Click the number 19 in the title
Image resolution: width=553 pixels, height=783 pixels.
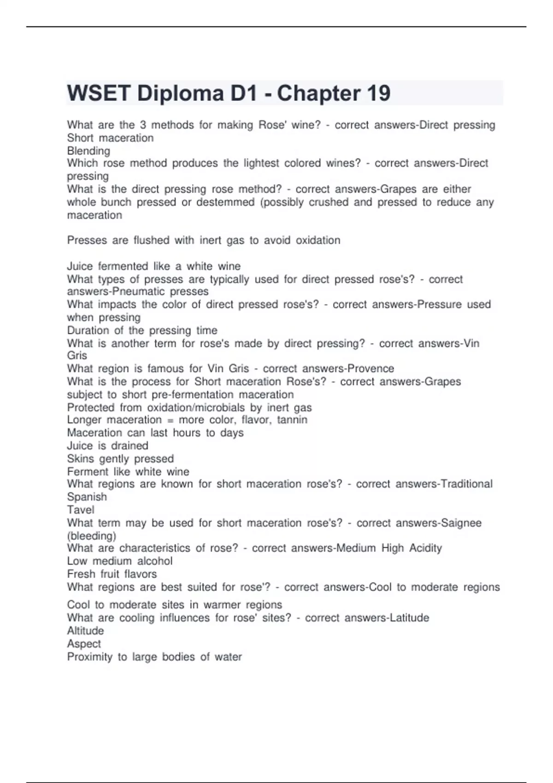click(x=378, y=93)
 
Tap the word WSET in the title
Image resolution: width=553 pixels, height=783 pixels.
click(x=99, y=93)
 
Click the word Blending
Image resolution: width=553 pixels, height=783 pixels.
click(x=88, y=151)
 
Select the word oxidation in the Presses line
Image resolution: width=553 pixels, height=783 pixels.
click(x=318, y=240)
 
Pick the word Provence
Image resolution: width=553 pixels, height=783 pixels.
click(x=371, y=368)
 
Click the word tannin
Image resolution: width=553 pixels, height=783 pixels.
click(x=292, y=420)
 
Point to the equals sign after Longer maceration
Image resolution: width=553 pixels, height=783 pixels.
click(x=170, y=421)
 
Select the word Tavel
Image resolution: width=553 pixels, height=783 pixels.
click(x=81, y=510)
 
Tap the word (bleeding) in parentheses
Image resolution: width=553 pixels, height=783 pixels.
click(x=92, y=536)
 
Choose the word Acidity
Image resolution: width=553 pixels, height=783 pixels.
click(x=425, y=548)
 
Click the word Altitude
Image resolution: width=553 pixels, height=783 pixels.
click(x=85, y=631)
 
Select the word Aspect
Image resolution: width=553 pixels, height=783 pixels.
click(x=84, y=644)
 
